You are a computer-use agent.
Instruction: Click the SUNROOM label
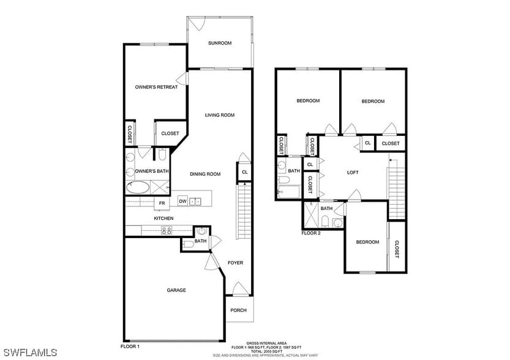tap(219, 43)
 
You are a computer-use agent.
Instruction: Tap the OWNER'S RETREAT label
tap(156, 87)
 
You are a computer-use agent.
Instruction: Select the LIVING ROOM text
tap(219, 115)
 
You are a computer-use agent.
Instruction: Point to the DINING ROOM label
tap(205, 174)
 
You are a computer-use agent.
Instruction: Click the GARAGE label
tap(176, 290)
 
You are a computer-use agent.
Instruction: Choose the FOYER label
tap(236, 263)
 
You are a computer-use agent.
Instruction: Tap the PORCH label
tap(238, 310)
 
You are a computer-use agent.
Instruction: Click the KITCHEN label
tap(163, 219)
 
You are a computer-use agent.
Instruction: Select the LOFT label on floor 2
tap(353, 173)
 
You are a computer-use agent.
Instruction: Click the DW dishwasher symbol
tap(182, 201)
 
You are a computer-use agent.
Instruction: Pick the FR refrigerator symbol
tap(162, 203)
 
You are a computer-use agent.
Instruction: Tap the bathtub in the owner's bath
tap(138, 187)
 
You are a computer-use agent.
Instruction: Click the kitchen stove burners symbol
tap(166, 230)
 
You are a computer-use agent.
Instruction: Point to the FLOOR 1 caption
tap(130, 347)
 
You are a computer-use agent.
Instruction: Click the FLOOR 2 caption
tap(311, 233)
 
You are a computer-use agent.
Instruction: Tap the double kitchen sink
tap(195, 201)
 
